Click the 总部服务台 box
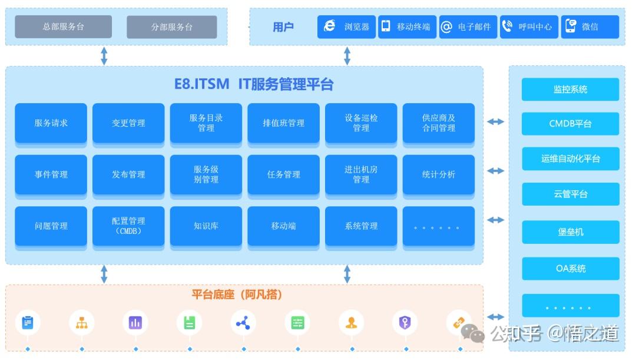[63, 27]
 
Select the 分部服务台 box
[171, 27]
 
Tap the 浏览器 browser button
[346, 27]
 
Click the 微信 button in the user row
[589, 27]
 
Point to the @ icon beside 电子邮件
[446, 27]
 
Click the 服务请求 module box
[51, 123]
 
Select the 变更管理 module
[128, 123]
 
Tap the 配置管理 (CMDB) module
[128, 226]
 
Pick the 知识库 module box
[206, 226]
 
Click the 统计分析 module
[439, 174]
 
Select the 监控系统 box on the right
[570, 90]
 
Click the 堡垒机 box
[570, 232]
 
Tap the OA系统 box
[570, 269]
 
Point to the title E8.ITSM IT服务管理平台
[254, 84]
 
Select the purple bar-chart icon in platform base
[135, 322]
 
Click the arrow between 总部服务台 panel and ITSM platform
[104, 55]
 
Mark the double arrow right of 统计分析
[496, 171]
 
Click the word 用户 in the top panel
[283, 27]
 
